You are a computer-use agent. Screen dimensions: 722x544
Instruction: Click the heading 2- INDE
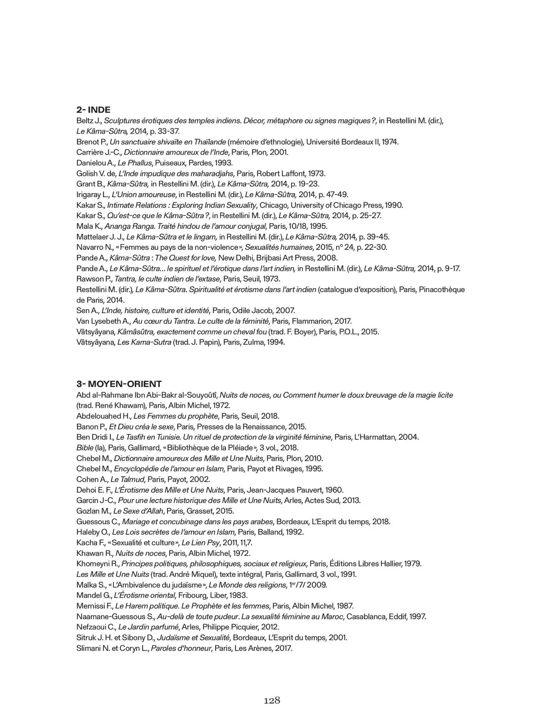pyautogui.click(x=93, y=110)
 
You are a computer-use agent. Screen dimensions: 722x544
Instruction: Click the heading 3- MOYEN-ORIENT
pyautogui.click(x=119, y=384)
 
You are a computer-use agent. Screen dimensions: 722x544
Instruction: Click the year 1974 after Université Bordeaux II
pyautogui.click(x=390, y=142)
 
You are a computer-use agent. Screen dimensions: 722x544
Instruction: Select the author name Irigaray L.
pyautogui.click(x=93, y=195)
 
